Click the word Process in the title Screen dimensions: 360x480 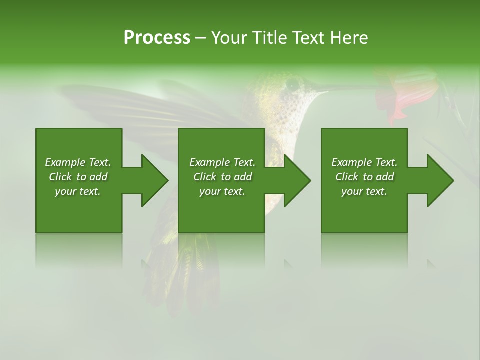[157, 38]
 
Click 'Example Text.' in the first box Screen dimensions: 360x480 [78, 162]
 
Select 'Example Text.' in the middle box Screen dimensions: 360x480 [222, 162]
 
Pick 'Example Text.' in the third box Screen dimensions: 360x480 [364, 162]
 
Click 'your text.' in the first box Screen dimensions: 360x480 [78, 191]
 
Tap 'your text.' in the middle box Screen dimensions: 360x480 [222, 191]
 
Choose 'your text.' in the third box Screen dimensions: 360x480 [364, 191]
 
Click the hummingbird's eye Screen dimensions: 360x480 [292, 84]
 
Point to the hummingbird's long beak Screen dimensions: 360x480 [345, 88]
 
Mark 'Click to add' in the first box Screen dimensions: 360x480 [78, 177]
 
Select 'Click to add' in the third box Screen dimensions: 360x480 [364, 177]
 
